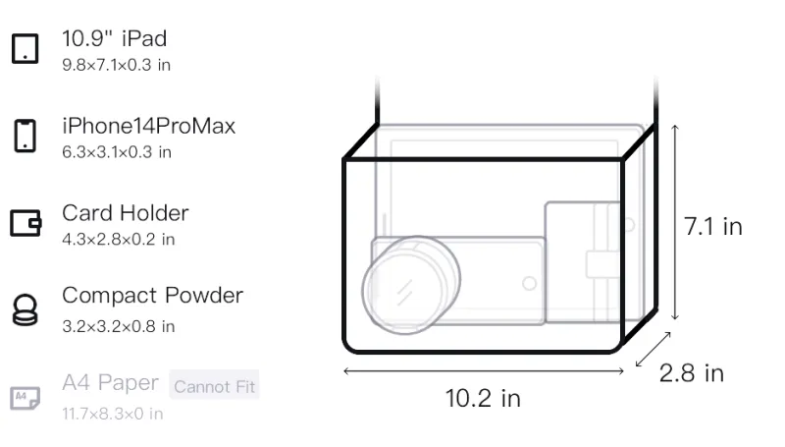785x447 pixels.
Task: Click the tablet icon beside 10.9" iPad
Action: coord(26,48)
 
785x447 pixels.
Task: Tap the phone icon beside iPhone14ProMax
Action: coord(26,136)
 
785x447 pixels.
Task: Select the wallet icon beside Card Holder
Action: coord(26,223)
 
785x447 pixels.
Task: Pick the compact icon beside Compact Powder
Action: coord(26,310)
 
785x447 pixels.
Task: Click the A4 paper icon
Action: coord(26,398)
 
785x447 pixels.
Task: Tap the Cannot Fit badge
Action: coord(214,386)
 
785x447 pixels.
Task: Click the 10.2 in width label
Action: coord(483,399)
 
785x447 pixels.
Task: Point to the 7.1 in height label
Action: coord(713,227)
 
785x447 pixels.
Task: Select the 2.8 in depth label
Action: coord(692,373)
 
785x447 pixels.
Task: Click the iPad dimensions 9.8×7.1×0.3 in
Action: coord(116,65)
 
